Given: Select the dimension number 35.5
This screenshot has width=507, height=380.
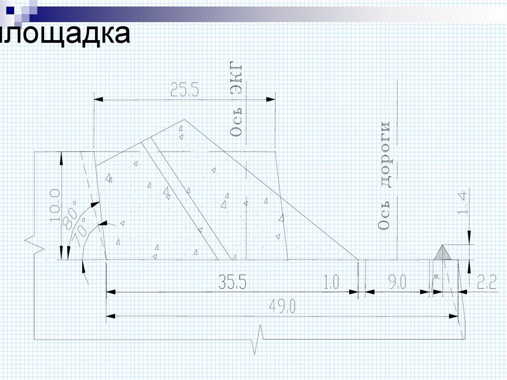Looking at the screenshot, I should click(232, 282).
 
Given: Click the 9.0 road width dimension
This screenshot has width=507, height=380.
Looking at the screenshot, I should click(397, 283).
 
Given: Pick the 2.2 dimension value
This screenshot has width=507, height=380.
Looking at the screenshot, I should click(487, 283).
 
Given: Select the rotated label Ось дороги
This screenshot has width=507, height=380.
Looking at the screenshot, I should click(385, 176).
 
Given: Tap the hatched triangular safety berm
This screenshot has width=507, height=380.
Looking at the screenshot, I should click(442, 253).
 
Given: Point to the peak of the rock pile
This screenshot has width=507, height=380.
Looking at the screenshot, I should click(185, 119).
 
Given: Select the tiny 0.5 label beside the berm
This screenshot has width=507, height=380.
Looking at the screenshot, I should click(436, 276).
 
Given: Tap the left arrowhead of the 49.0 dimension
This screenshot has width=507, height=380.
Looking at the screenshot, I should click(111, 316).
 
